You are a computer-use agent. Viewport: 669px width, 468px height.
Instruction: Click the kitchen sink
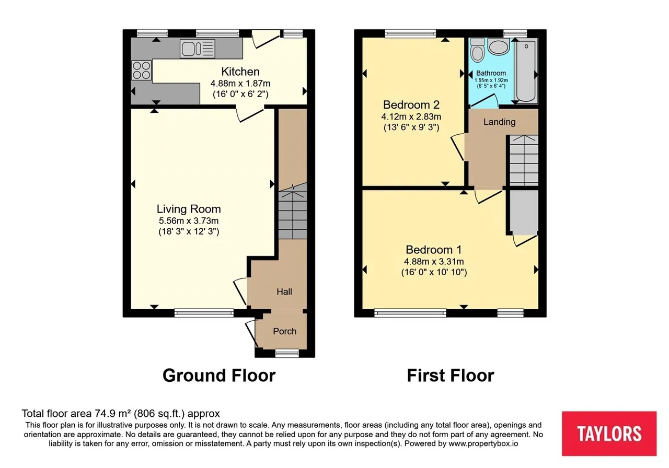point(198,49)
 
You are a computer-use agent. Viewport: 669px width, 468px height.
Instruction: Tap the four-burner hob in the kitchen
point(142,70)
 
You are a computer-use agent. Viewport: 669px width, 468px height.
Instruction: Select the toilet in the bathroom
point(477,50)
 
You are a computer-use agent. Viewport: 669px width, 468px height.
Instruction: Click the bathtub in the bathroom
point(526,71)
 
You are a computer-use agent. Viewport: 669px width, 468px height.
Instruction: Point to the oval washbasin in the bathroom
point(499,46)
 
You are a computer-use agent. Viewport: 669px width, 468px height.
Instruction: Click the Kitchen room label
point(240,72)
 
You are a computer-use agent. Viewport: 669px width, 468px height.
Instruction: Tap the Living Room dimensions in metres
point(189,221)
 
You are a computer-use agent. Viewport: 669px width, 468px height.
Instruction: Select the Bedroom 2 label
point(411,105)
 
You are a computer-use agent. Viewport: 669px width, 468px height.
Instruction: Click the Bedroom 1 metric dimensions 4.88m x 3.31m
point(434,262)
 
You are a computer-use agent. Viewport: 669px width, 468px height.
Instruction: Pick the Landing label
point(499,122)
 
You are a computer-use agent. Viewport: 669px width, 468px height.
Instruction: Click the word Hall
point(284,291)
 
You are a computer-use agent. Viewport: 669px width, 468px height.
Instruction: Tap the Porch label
point(285,331)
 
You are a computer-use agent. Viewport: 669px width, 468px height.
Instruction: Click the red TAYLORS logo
point(609,434)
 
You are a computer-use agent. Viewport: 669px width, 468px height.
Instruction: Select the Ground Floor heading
point(219,376)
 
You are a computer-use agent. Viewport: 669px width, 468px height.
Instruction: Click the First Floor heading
point(451,376)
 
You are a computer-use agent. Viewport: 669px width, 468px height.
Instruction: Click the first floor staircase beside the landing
point(524,160)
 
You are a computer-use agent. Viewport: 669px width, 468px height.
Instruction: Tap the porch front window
point(287,354)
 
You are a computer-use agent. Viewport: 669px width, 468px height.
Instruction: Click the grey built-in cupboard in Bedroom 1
point(524,212)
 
